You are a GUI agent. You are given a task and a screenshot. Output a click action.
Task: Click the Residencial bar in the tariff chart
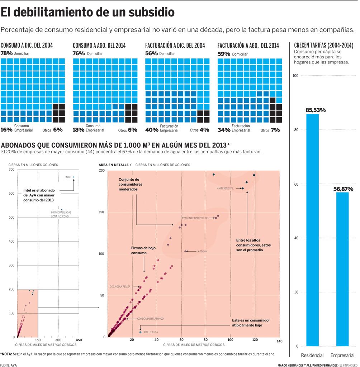coord(312,229)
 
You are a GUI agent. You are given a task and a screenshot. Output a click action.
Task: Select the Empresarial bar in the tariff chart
coord(342,269)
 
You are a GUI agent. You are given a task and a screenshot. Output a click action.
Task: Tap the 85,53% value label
coord(316,110)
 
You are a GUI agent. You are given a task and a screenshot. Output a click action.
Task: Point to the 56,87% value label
coord(343,189)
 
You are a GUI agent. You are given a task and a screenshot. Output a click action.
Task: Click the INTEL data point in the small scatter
coord(74,177)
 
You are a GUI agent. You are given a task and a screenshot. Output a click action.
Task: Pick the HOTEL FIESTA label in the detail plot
coord(150,332)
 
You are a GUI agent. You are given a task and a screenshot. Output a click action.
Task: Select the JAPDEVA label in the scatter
coord(202,252)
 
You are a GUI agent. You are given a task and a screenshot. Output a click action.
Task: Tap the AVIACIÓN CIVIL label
coord(225,188)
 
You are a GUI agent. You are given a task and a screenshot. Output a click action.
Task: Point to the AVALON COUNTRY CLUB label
coord(195,218)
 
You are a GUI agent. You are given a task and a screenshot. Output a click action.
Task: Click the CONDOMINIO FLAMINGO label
coord(150,319)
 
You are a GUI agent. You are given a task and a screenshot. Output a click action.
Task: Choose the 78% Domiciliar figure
coord(6,53)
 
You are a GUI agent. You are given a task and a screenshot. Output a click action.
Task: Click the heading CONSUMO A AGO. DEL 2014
coord(99,46)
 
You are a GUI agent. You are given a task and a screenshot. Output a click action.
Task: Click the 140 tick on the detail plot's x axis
coord(279,340)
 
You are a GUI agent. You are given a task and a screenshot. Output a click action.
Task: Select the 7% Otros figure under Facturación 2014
coord(275,130)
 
